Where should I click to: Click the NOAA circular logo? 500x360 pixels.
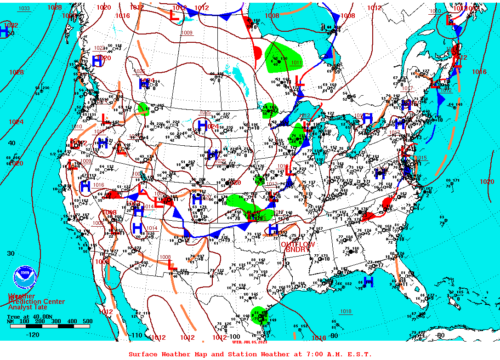[25, 277]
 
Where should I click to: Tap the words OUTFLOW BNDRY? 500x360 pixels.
[298, 246]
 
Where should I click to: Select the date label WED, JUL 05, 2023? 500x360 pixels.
[250, 342]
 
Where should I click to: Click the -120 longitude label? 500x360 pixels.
[33, 335]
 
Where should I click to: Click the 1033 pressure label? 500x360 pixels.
[24, 8]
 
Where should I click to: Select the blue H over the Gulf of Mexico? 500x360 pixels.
[368, 281]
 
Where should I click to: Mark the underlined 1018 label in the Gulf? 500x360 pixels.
[346, 311]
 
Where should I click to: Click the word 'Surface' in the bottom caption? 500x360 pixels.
[143, 354]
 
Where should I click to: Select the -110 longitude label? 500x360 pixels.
[136, 335]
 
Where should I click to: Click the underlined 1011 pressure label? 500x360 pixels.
[296, 63]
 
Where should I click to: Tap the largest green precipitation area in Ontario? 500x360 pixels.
[281, 56]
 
